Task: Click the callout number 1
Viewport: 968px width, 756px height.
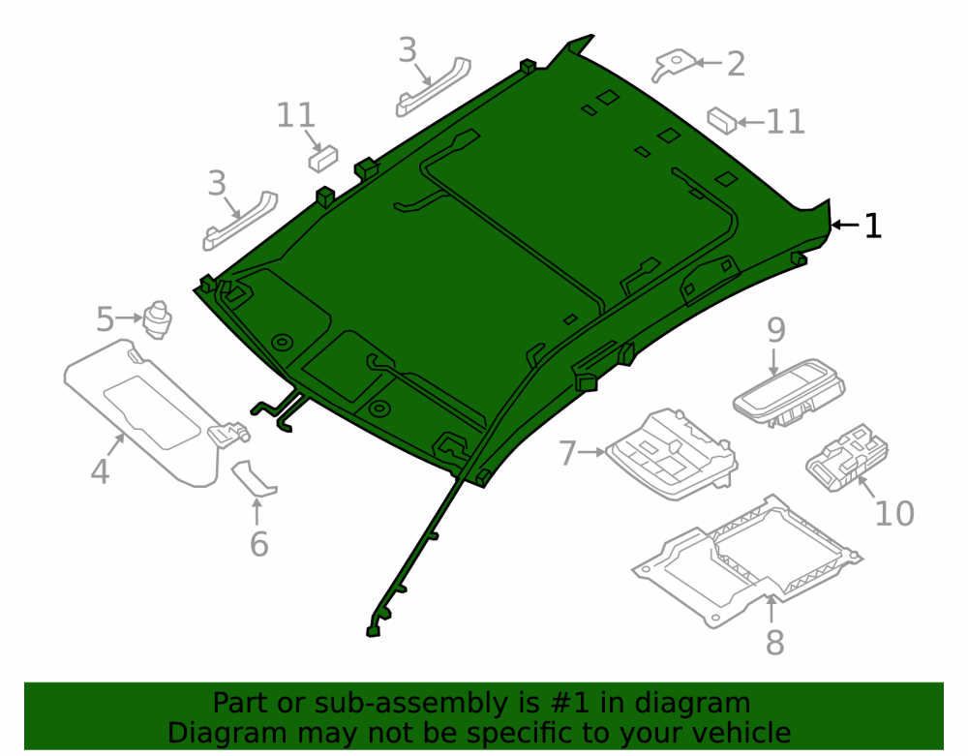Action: click(873, 226)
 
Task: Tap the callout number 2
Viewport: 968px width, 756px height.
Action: click(736, 64)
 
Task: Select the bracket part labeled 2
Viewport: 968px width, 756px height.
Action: click(674, 64)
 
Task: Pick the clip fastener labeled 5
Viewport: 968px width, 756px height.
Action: click(158, 319)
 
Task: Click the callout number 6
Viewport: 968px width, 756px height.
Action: click(258, 544)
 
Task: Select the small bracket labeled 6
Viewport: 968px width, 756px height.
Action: click(255, 477)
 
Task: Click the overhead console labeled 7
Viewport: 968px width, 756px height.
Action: click(672, 454)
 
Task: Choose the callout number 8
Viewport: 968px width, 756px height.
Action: click(774, 643)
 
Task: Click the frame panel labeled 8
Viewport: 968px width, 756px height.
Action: click(747, 561)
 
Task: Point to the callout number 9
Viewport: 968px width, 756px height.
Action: click(776, 330)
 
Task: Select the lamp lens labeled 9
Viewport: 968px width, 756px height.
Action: click(789, 392)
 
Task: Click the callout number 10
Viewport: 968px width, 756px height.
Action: click(894, 513)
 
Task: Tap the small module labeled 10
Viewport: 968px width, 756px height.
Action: click(847, 457)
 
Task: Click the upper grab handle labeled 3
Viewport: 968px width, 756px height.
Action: click(433, 87)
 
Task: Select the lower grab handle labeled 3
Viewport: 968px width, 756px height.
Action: click(240, 221)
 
